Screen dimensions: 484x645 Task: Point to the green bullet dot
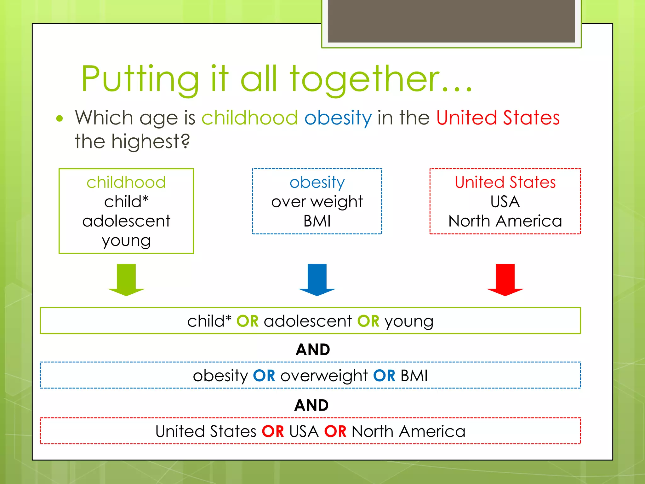(x=60, y=119)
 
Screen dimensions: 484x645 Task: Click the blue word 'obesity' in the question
(x=338, y=118)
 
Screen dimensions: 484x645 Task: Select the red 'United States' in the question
(x=498, y=118)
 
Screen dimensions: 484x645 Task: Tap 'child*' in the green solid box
(x=126, y=202)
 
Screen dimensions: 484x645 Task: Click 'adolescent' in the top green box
(x=126, y=221)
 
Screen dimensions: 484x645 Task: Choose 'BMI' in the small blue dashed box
(x=317, y=221)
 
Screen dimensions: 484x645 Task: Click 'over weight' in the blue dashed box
(x=317, y=202)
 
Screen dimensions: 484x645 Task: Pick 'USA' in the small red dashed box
(x=505, y=202)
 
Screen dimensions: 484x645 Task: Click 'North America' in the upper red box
(x=505, y=221)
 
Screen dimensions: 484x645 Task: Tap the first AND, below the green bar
(x=313, y=349)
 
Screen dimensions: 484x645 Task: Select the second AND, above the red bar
(x=311, y=405)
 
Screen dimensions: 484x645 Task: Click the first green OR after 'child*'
(x=248, y=321)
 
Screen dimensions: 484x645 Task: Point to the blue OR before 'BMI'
(x=384, y=376)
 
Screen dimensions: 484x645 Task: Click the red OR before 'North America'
(x=335, y=431)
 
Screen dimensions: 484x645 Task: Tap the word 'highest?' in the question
(x=151, y=141)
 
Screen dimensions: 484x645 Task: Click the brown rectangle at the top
(x=451, y=21)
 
